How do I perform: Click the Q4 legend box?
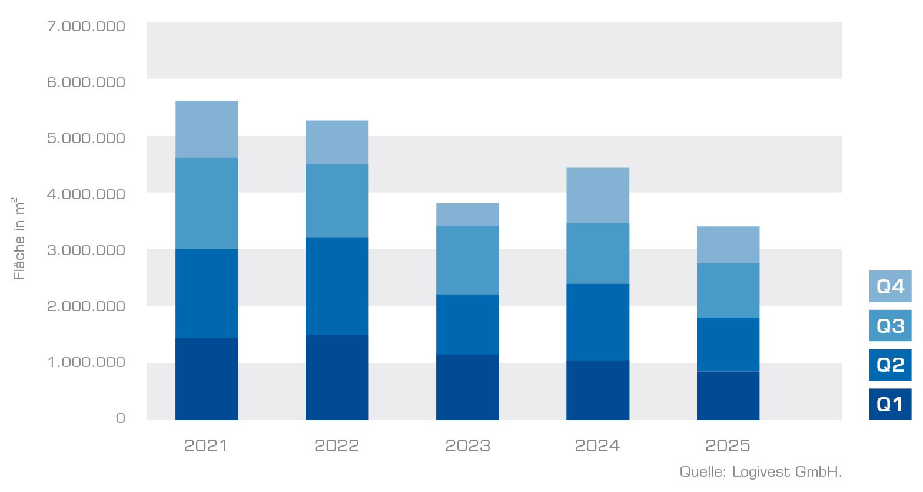[x=889, y=286]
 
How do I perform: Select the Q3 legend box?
[x=889, y=325]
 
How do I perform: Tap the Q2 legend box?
[x=889, y=365]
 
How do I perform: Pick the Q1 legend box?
[x=889, y=404]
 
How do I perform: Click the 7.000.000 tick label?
[x=86, y=26]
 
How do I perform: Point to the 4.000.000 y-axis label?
[x=86, y=194]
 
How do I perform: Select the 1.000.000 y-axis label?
[x=86, y=362]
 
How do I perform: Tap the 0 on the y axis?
[x=120, y=418]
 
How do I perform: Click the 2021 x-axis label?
[x=205, y=445]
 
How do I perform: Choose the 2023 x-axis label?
[x=467, y=445]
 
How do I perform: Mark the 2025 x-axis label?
[x=728, y=445]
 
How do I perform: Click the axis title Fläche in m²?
[x=19, y=239]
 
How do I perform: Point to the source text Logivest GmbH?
[x=761, y=472]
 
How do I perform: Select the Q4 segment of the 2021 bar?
[x=207, y=129]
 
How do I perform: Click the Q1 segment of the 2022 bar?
[x=337, y=377]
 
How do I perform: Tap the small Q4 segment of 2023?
[x=467, y=214]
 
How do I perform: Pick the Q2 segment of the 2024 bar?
[x=597, y=322]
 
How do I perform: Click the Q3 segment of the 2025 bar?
[x=728, y=290]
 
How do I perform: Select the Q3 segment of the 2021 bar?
[x=207, y=203]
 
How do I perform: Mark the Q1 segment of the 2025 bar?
[x=728, y=395]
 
